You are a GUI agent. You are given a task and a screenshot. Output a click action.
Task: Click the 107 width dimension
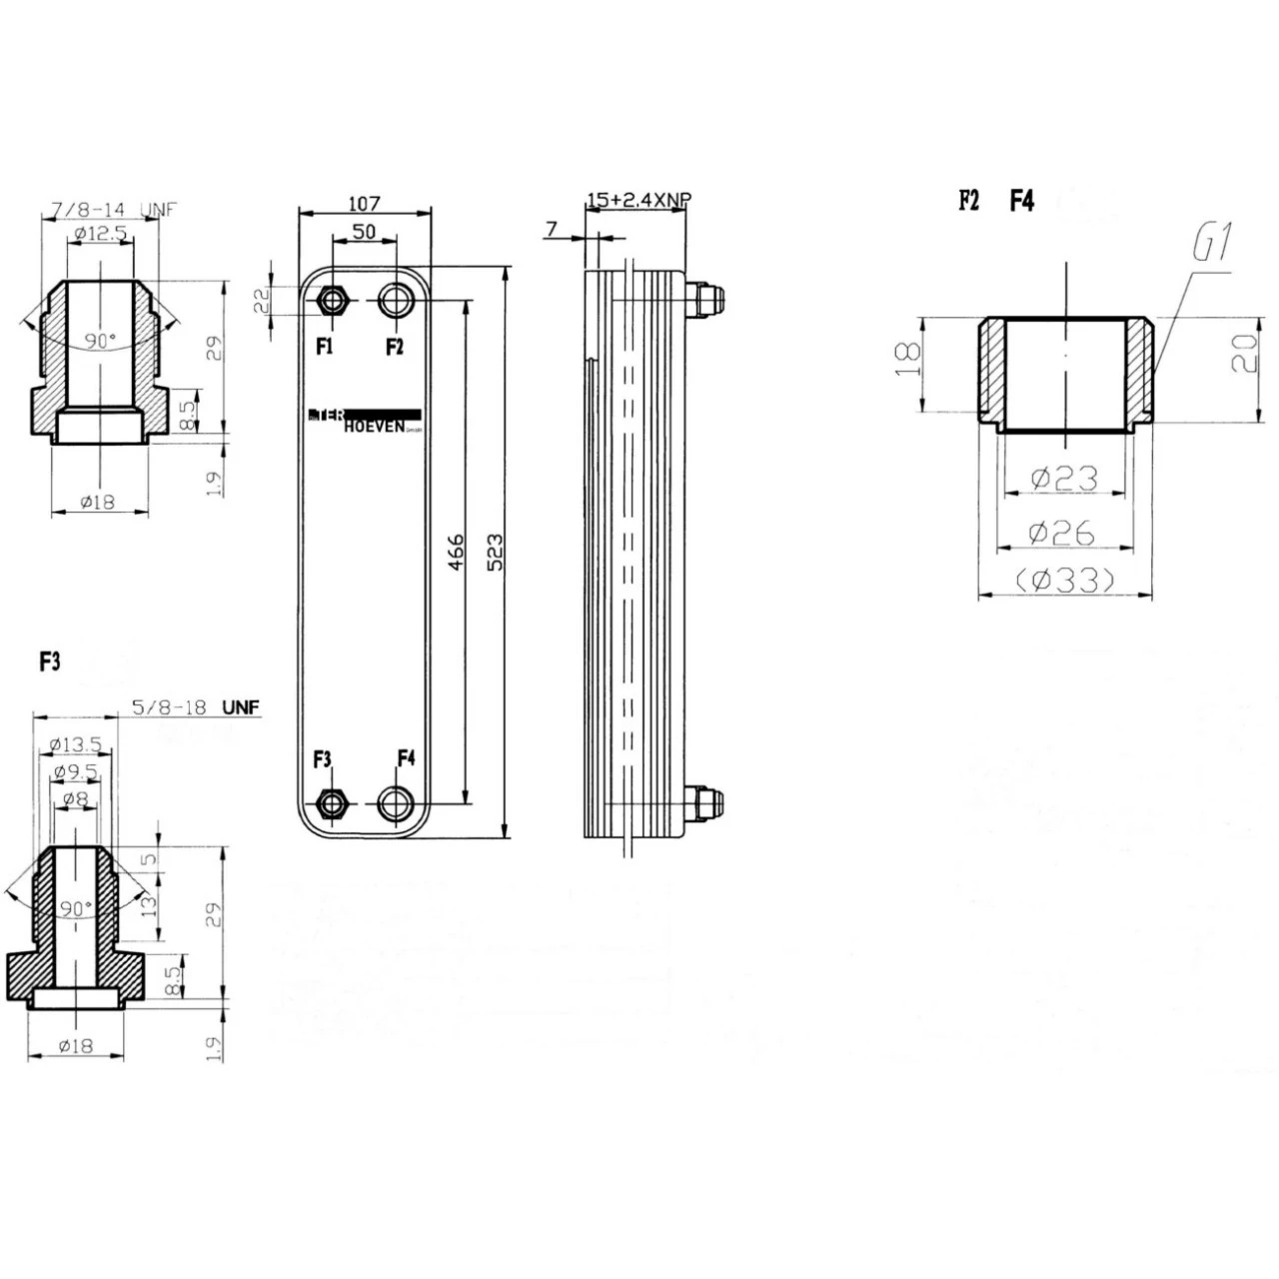coord(364,203)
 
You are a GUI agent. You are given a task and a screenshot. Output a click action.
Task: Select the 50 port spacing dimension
coord(364,231)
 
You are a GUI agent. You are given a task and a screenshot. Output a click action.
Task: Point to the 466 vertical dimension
coord(455,553)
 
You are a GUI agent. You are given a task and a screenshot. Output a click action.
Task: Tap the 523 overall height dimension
coord(494,553)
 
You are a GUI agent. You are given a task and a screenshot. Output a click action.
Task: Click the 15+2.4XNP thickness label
coord(638,200)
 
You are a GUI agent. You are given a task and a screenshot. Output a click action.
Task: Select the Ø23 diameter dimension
coord(1064,479)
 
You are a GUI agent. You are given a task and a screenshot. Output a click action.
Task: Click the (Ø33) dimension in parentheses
coord(1064,580)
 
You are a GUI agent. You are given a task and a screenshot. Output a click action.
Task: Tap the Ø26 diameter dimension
coord(1064,533)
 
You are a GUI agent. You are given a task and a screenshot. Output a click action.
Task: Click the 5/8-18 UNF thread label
coord(195,707)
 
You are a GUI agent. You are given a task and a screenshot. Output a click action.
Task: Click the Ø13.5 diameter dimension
coord(76,744)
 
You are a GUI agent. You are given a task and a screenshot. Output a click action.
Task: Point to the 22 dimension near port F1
coord(263,301)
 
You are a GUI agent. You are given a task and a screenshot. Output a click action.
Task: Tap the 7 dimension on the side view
coord(552,230)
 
